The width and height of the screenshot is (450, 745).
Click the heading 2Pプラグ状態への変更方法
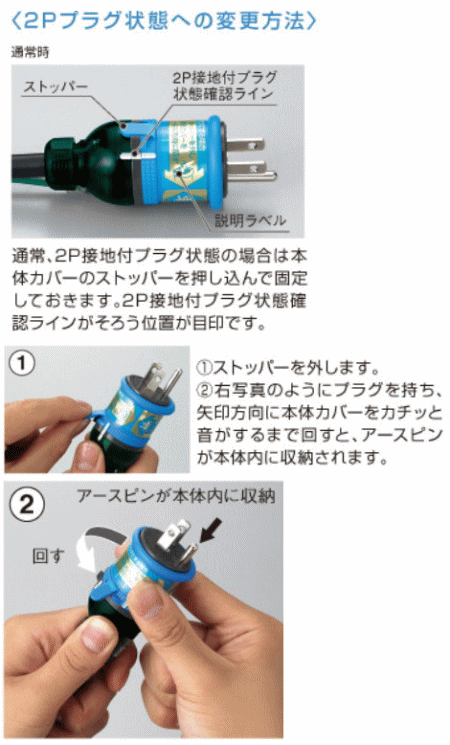click(163, 21)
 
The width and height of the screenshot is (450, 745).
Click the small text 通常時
click(30, 52)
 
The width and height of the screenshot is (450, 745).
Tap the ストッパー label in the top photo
click(56, 86)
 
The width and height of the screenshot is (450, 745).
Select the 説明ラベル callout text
click(250, 220)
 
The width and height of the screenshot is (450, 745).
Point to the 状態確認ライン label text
click(223, 94)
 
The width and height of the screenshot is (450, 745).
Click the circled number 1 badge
click(22, 364)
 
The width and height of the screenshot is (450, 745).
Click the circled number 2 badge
click(27, 504)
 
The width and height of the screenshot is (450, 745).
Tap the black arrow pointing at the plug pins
click(209, 530)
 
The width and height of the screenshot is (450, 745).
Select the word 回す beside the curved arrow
click(48, 555)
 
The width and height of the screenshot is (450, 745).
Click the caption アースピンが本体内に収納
click(176, 496)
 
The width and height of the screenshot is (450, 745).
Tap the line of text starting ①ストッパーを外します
click(288, 367)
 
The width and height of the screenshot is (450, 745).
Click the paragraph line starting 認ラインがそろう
click(139, 323)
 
